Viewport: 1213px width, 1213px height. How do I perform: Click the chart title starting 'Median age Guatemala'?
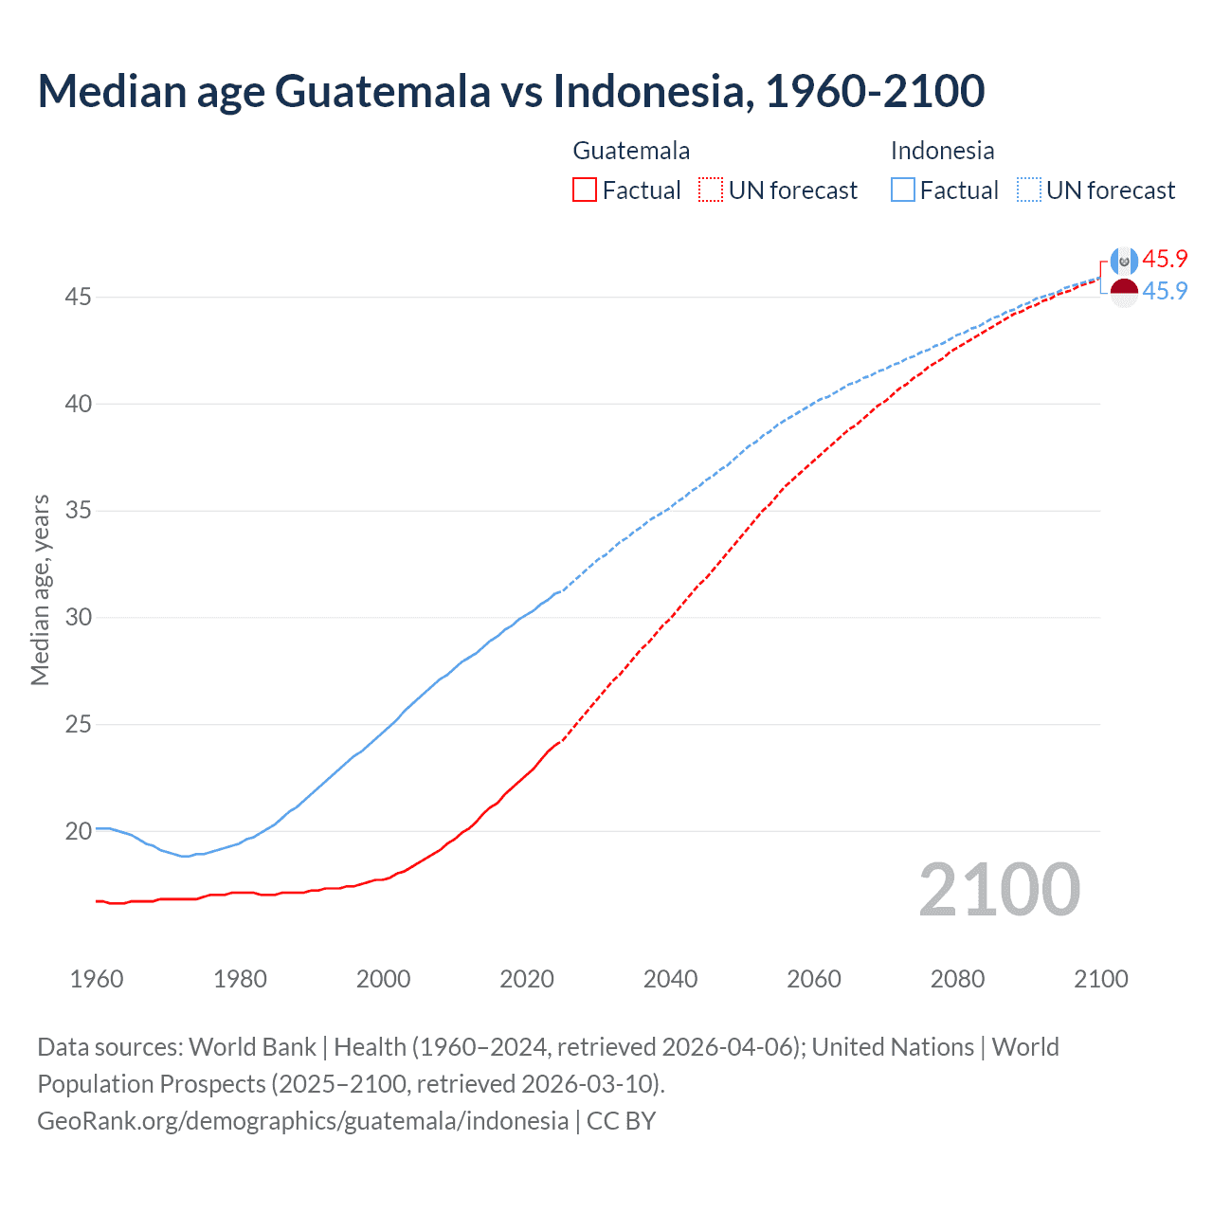coord(511,91)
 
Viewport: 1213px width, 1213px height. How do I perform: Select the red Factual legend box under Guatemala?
coord(585,190)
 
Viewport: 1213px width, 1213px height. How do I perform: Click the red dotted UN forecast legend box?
coord(711,190)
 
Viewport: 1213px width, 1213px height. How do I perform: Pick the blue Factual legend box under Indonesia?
coord(902,190)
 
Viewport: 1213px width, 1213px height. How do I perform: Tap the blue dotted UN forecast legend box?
coord(1028,190)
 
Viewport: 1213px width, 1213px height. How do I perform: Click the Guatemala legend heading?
coord(631,151)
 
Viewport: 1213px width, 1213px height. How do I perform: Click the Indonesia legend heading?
coord(942,151)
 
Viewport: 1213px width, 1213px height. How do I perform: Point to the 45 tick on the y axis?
coord(78,298)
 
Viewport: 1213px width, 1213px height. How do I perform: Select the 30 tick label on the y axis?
coord(78,618)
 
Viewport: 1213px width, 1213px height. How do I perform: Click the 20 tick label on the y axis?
coord(78,832)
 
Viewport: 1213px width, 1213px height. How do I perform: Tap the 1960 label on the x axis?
coord(97,979)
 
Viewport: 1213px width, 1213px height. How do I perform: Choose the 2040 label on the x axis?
coord(670,979)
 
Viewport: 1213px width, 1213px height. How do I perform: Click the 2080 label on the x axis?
coord(957,979)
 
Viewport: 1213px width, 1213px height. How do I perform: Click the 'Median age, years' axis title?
coord(40,589)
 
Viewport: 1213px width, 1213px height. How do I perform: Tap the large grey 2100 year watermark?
coord(999,890)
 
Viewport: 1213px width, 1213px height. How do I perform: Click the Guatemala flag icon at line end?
coord(1124,261)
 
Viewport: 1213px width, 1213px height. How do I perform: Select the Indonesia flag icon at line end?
coord(1124,293)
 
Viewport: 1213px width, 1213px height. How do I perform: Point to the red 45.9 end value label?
coord(1165,260)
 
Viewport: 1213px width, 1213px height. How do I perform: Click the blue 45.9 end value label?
coord(1165,292)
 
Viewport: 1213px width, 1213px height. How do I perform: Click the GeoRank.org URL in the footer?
coord(302,1121)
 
